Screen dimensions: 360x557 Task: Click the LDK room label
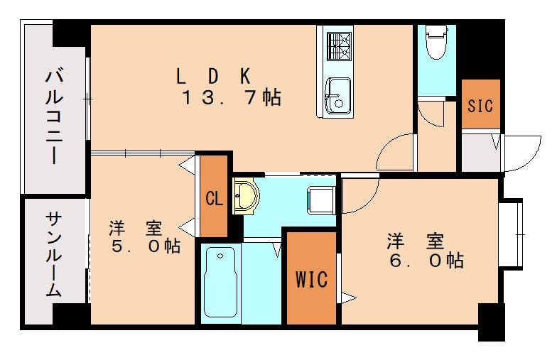click(213, 75)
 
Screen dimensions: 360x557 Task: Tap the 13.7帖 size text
click(231, 98)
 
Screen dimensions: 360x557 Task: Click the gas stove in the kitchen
click(337, 46)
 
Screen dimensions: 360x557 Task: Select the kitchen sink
click(337, 93)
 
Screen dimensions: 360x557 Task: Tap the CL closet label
click(214, 198)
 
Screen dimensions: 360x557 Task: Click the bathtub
click(220, 283)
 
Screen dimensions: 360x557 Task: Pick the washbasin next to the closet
click(246, 195)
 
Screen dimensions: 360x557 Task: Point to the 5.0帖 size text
click(144, 246)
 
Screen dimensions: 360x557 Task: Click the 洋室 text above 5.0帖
click(135, 229)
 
